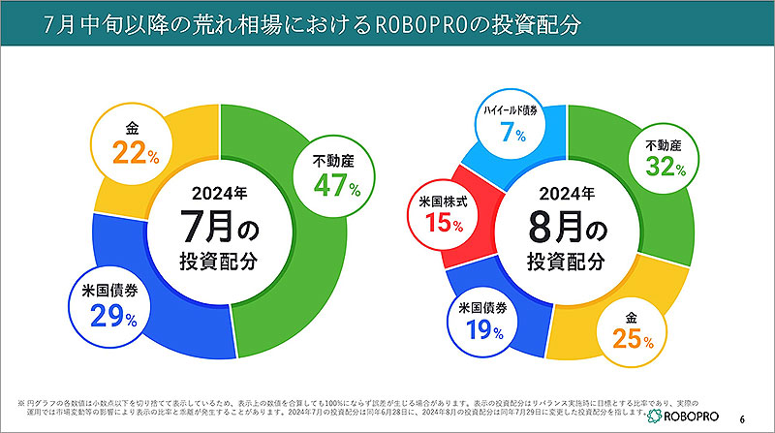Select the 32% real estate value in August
pos(666,168)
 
